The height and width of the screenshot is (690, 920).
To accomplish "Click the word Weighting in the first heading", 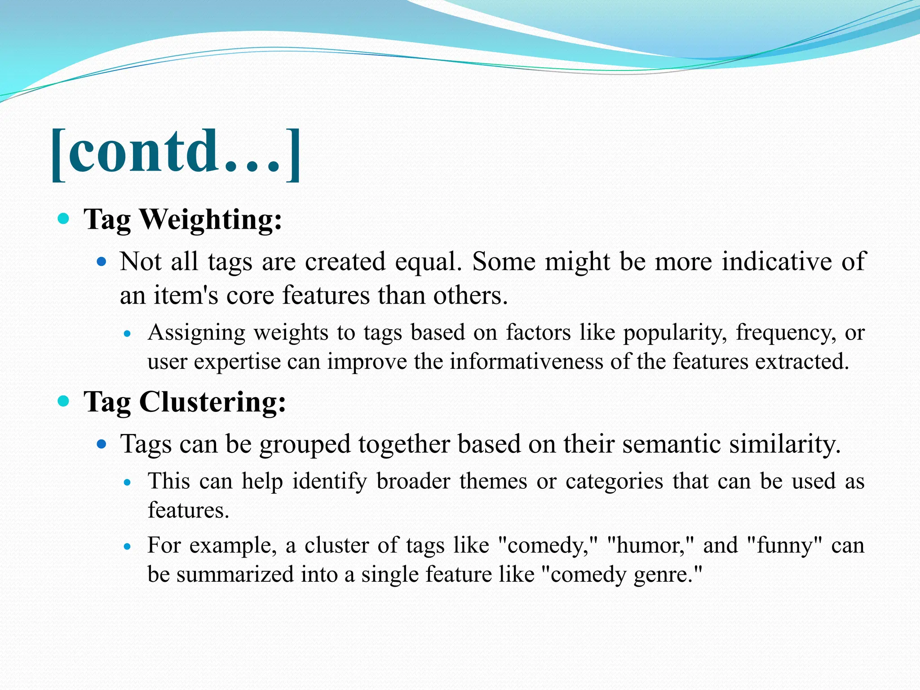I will [x=211, y=220].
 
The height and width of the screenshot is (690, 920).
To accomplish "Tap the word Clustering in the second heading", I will [x=212, y=402].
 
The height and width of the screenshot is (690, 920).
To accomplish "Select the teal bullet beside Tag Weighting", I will [x=64, y=219].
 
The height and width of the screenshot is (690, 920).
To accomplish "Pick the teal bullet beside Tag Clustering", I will [x=64, y=401].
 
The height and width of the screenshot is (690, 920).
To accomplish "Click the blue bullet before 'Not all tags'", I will [x=102, y=261].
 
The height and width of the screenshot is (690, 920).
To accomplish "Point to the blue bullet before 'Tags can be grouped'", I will [x=102, y=444].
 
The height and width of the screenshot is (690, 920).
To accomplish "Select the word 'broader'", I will [x=413, y=481].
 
